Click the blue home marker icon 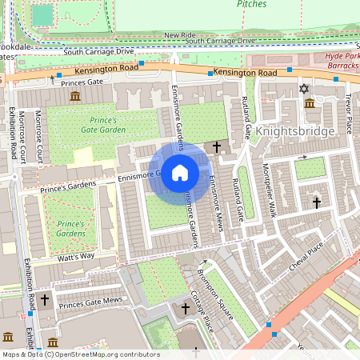(180, 173)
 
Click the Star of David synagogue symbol (303, 88)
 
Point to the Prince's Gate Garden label (102, 124)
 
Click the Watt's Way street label (75, 256)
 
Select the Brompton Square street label (216, 293)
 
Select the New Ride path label (180, 35)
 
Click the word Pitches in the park (252, 4)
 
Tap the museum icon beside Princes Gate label (75, 96)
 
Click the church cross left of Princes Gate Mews (44, 301)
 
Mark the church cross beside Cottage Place (186, 308)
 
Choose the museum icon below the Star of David (310, 102)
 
